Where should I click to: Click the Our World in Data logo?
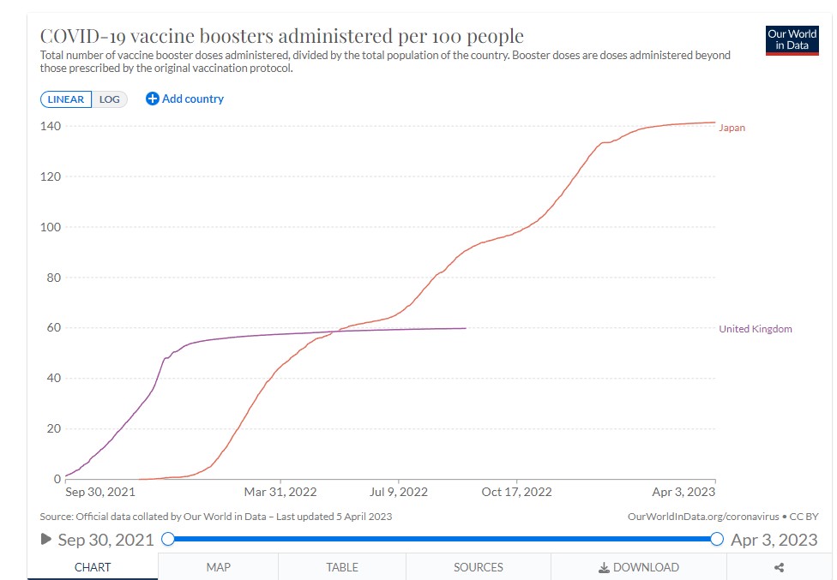click(792, 40)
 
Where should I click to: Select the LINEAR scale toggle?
click(65, 99)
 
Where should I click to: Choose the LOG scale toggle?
click(110, 99)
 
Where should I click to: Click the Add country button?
click(184, 99)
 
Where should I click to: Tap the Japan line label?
click(732, 128)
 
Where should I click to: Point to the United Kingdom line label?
click(755, 329)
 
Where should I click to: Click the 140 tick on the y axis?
click(50, 126)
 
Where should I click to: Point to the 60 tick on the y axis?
click(52, 328)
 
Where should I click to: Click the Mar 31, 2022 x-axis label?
click(280, 492)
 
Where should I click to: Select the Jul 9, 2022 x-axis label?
click(398, 492)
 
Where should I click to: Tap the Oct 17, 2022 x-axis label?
click(516, 492)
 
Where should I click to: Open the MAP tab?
click(218, 567)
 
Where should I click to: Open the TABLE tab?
click(341, 567)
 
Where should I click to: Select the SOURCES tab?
click(478, 567)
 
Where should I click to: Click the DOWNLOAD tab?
click(639, 567)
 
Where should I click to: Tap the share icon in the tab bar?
click(779, 567)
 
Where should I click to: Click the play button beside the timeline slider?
click(46, 540)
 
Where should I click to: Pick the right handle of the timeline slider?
click(717, 539)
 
